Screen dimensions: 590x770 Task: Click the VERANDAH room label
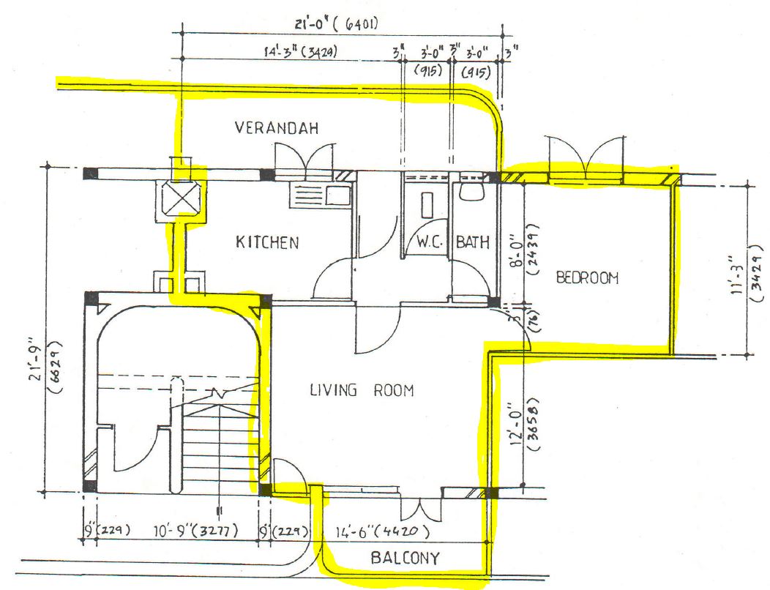coord(277,128)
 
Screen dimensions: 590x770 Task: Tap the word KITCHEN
coord(267,242)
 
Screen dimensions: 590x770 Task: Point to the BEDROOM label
coord(587,277)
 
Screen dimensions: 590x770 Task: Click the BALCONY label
coord(405,559)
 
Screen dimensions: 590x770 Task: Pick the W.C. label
coord(428,242)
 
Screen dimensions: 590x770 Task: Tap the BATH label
coord(473,242)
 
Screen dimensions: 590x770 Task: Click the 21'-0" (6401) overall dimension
coord(336,24)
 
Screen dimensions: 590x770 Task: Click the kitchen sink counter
coord(321,195)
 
